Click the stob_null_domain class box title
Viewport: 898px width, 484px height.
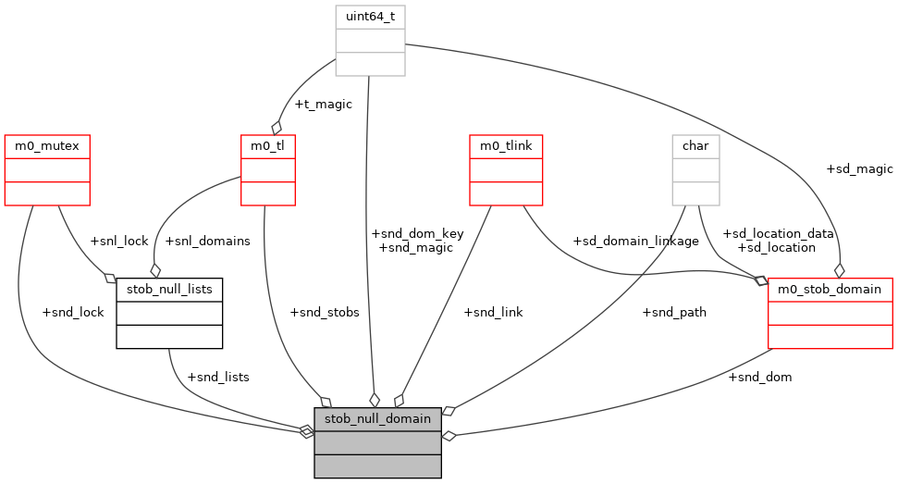(x=377, y=418)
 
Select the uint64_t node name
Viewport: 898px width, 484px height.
(x=370, y=17)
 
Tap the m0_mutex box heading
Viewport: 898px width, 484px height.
(x=47, y=146)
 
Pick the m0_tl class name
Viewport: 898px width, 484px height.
(x=267, y=146)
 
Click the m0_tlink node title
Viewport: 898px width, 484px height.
(x=505, y=146)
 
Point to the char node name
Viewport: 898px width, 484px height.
(x=695, y=146)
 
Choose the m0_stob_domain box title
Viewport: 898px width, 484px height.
(x=830, y=290)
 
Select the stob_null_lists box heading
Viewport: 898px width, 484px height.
(x=169, y=290)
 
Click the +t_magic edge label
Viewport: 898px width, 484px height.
(x=322, y=105)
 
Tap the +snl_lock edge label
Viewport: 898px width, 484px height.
(x=119, y=241)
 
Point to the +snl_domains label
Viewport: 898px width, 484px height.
(x=207, y=241)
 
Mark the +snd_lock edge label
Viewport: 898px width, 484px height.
(x=73, y=312)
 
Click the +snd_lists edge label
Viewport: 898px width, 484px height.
(x=218, y=377)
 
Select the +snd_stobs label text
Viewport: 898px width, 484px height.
(x=325, y=312)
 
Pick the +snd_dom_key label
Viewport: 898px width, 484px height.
(x=416, y=234)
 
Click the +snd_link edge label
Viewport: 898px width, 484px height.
(x=493, y=312)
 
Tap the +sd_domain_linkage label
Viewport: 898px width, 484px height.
(x=635, y=241)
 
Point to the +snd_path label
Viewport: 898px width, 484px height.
(x=674, y=312)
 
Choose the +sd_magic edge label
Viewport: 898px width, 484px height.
(x=859, y=168)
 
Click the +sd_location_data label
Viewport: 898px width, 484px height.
(x=778, y=234)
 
